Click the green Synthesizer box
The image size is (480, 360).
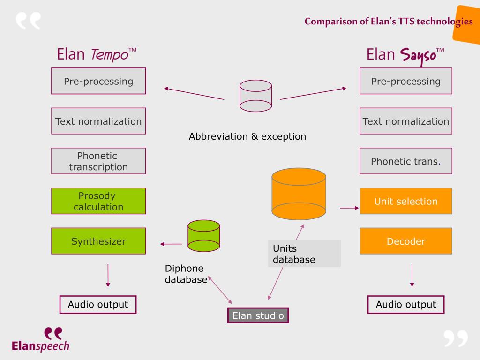pyautogui.click(x=98, y=241)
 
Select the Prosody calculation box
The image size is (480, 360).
pyautogui.click(x=98, y=201)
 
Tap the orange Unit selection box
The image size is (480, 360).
pyautogui.click(x=406, y=201)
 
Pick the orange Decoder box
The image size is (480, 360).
pyautogui.click(x=406, y=241)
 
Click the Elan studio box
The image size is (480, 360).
pyautogui.click(x=258, y=315)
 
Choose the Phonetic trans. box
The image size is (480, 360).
pyautogui.click(x=406, y=161)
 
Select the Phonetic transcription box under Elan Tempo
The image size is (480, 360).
pyautogui.click(x=98, y=161)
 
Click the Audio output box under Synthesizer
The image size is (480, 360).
pyautogui.click(x=98, y=305)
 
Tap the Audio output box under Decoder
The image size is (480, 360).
pyautogui.click(x=406, y=305)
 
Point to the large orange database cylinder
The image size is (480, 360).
pyautogui.click(x=299, y=194)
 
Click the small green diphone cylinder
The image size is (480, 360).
pyautogui.click(x=204, y=236)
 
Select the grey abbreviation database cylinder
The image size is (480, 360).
pyautogui.click(x=255, y=96)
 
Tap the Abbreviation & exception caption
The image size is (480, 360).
pyautogui.click(x=247, y=136)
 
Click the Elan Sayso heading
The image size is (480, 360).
pyautogui.click(x=405, y=56)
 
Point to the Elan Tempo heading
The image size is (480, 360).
pyautogui.click(x=97, y=54)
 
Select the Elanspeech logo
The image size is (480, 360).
pyautogui.click(x=40, y=339)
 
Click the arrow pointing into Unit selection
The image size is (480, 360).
pyautogui.click(x=349, y=208)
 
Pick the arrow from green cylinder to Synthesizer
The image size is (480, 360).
pyautogui.click(x=171, y=244)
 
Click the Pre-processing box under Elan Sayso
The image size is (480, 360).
pyautogui.click(x=406, y=81)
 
